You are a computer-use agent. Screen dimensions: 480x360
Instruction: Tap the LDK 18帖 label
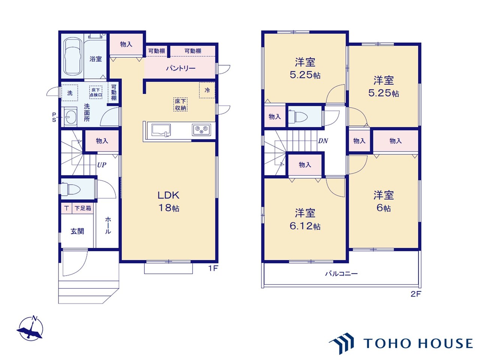[x=169, y=201]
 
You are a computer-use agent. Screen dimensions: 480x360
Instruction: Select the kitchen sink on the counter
[x=161, y=130]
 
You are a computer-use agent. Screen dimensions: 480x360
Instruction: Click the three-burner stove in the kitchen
[x=201, y=130]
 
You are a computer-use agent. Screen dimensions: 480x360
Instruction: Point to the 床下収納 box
[x=180, y=105]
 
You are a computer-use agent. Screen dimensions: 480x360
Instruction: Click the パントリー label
[x=181, y=69]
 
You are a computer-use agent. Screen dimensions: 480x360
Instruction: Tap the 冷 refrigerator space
[x=207, y=90]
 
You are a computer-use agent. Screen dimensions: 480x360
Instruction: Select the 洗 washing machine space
[x=70, y=93]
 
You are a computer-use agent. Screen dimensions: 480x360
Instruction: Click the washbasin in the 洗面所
[x=70, y=117]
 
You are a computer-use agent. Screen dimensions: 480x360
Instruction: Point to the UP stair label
[x=102, y=165]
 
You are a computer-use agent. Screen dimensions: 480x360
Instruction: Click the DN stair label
[x=323, y=141]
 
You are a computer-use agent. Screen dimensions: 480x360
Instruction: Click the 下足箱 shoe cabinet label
[x=83, y=208]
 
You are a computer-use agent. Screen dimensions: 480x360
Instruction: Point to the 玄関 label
[x=77, y=231]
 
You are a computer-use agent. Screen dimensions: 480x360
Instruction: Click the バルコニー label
[x=341, y=273]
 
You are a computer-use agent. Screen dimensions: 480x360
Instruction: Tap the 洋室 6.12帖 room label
[x=305, y=219]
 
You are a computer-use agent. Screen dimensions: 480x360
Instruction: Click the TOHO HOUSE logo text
[x=418, y=343]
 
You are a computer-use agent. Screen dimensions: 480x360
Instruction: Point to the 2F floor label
[x=416, y=294]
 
